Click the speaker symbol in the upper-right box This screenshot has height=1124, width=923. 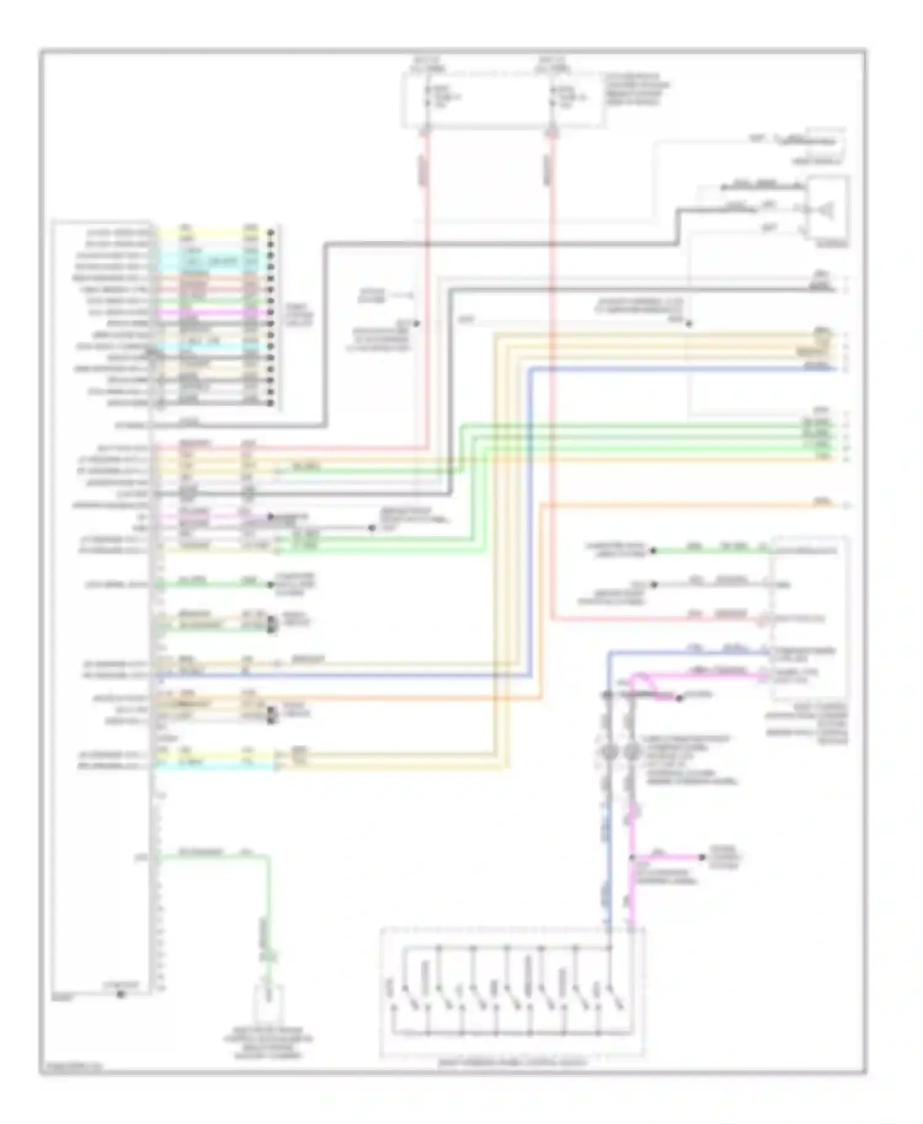824,211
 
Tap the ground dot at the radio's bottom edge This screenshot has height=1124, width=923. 121,994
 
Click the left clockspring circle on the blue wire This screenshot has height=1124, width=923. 607,751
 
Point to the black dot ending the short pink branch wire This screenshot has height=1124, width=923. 702,857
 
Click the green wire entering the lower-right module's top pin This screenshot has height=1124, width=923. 708,550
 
